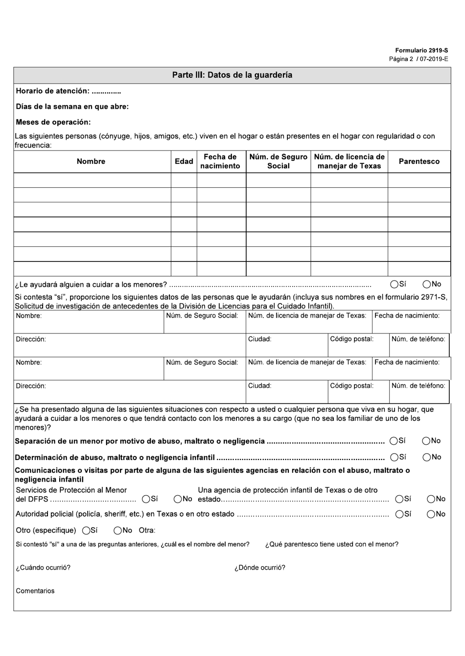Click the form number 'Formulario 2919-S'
[x=421, y=50]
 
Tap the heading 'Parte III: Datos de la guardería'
[x=232, y=75]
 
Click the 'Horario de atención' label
[x=52, y=91]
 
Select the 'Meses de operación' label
[x=53, y=122]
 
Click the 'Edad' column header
[x=184, y=161]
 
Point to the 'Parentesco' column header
[x=419, y=161]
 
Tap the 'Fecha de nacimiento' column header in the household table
[x=220, y=161]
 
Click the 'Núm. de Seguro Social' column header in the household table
[x=278, y=161]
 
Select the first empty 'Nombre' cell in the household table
[x=92, y=180]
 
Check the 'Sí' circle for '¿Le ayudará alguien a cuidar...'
[x=394, y=284]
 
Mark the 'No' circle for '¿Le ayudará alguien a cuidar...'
[x=427, y=284]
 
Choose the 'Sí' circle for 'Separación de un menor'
[x=394, y=441]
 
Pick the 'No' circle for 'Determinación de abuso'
[x=427, y=458]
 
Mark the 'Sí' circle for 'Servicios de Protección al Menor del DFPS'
[x=146, y=499]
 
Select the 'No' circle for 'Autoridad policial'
[x=431, y=514]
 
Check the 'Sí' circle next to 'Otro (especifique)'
[x=86, y=530]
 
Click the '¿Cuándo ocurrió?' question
[x=43, y=568]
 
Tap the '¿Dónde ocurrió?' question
[x=259, y=568]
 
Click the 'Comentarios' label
[x=35, y=591]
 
